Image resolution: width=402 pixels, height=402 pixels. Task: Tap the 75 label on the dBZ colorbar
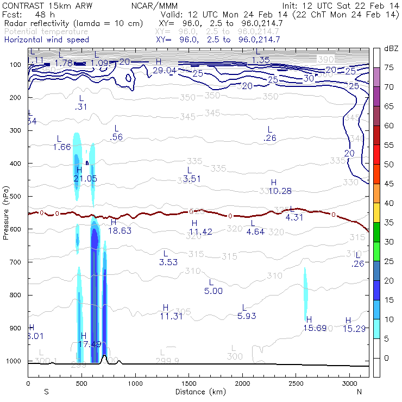[389, 67]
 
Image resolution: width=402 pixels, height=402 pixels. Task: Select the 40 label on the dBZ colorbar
[389, 203]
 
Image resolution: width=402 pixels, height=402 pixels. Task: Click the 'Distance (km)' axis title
[198, 392]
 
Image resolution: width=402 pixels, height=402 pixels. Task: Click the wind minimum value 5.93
[247, 316]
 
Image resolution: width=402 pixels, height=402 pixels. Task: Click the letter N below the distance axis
[359, 392]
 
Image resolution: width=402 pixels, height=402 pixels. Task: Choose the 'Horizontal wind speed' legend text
[46, 40]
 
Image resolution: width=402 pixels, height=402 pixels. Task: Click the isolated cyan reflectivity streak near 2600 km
[305, 293]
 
